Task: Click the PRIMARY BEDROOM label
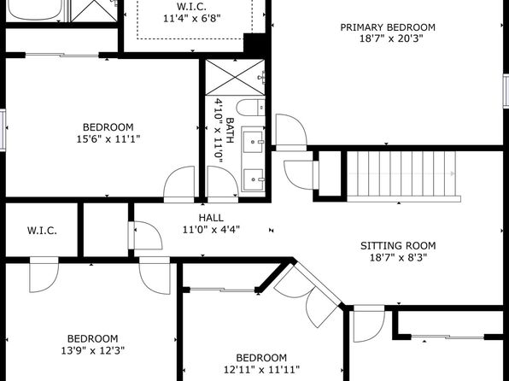388,27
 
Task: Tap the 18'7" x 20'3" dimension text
391,38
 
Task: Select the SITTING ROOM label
398,245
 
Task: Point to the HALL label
211,218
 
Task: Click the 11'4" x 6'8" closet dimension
192,18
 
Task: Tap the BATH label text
230,130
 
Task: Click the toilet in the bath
250,108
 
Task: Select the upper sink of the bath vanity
253,142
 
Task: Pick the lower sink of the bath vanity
253,179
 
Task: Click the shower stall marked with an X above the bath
235,78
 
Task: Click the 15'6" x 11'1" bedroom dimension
108,139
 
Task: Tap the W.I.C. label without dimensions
42,231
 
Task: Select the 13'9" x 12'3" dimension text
93,351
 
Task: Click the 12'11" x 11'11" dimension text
261,370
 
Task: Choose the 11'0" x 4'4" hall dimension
211,230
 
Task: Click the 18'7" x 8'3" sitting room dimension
398,258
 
